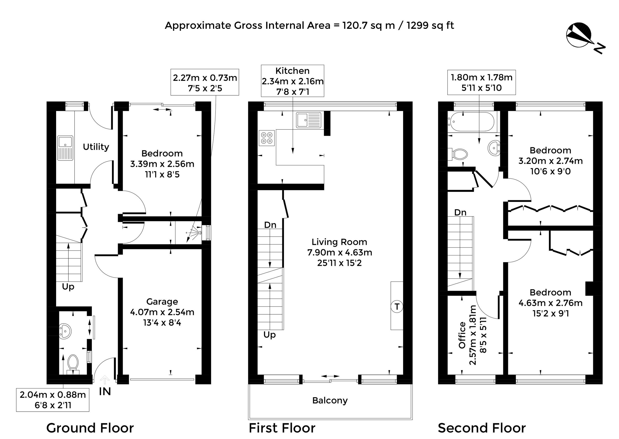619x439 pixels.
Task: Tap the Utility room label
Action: tap(96, 147)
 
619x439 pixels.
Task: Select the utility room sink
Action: tap(65, 148)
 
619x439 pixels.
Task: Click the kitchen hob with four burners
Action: tap(267, 138)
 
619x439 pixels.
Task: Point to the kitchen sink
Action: tap(309, 120)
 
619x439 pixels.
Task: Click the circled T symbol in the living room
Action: tap(397, 307)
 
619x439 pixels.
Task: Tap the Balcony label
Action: tap(330, 400)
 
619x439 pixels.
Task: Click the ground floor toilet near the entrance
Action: tap(73, 364)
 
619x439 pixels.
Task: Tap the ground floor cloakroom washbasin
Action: tap(65, 331)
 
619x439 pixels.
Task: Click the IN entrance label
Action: tap(105, 392)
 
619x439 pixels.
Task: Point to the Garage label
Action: tap(162, 301)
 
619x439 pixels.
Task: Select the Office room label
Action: tap(462, 335)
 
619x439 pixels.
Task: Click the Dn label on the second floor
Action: tap(460, 212)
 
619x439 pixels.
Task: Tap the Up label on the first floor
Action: tap(269, 335)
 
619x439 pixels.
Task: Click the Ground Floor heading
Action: tap(90, 428)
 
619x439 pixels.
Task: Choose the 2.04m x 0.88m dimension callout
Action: tap(53, 400)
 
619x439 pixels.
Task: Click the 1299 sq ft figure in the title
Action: tap(430, 25)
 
